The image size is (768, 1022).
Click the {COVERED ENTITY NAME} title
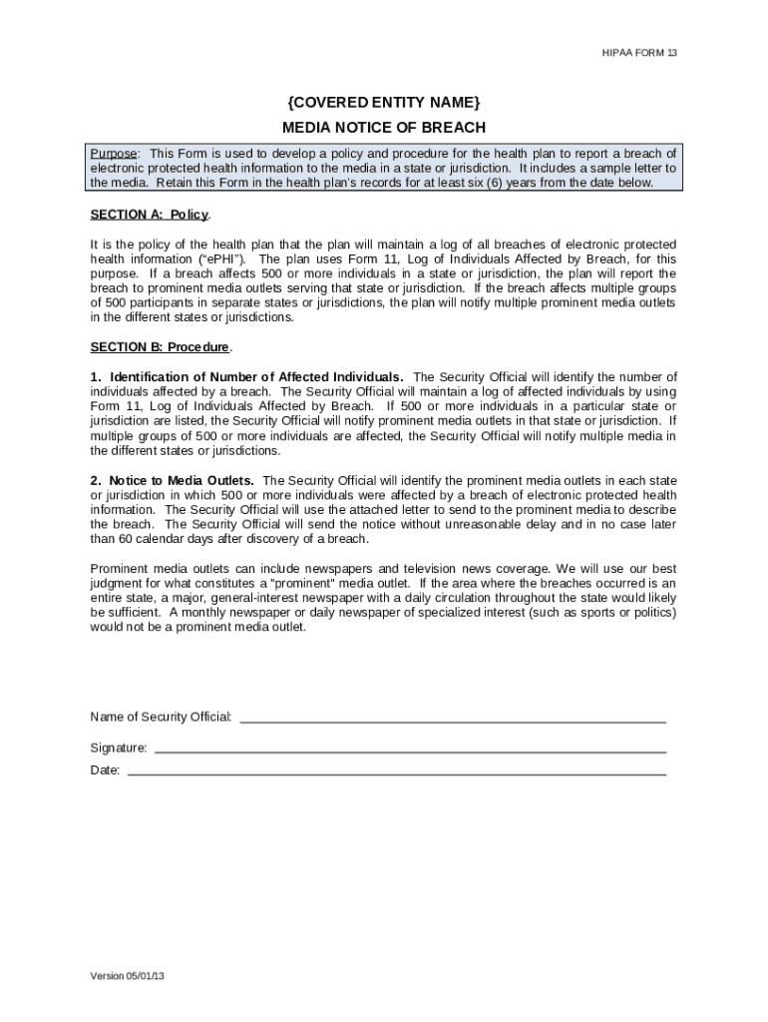coord(384,103)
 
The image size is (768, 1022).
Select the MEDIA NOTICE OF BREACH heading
coord(384,127)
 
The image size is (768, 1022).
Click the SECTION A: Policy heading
coord(150,215)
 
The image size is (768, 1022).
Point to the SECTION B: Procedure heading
coord(161,347)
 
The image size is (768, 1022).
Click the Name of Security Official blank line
coord(453,718)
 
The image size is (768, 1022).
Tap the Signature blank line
coord(410,748)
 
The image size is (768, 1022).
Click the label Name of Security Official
coord(162,718)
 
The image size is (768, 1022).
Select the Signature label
coord(119,748)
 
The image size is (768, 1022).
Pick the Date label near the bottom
coord(105,770)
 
